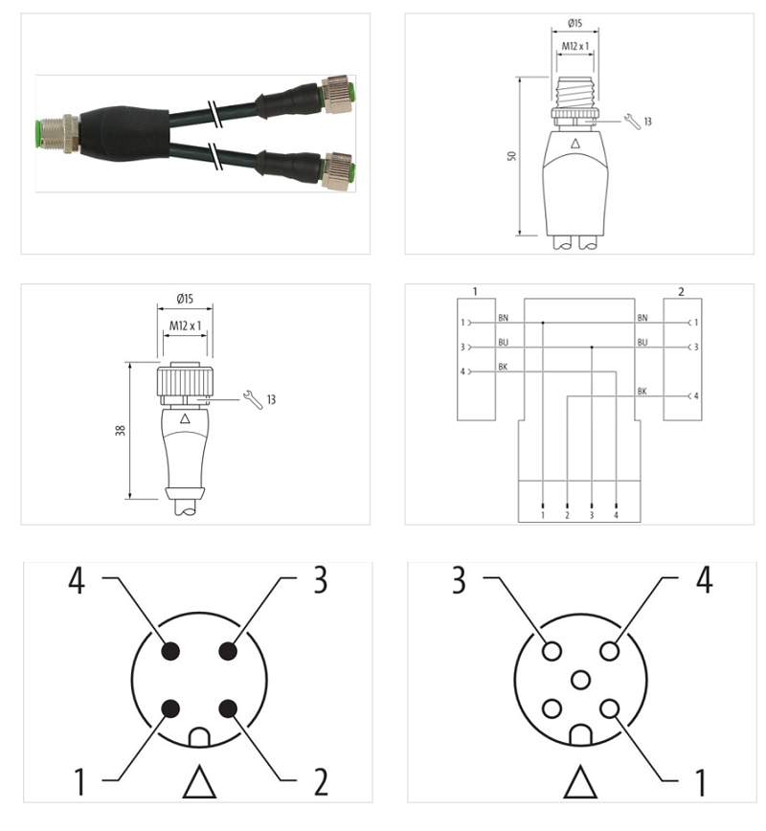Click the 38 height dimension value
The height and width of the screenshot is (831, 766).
pos(122,430)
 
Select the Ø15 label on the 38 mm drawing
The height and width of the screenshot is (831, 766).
pos(185,299)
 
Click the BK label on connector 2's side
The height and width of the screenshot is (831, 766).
pos(642,392)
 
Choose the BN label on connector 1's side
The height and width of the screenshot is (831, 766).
pos(503,317)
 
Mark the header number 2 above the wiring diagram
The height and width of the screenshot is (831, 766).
pos(681,290)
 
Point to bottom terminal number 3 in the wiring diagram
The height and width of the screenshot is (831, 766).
pos(592,515)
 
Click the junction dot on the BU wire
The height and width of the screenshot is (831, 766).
pos(592,348)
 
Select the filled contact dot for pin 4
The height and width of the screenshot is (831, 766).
pos(171,651)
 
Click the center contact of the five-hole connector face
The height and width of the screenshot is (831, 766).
pos(579,681)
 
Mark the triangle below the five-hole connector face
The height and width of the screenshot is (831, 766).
pos(579,783)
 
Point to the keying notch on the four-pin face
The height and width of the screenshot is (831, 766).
pos(199,738)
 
